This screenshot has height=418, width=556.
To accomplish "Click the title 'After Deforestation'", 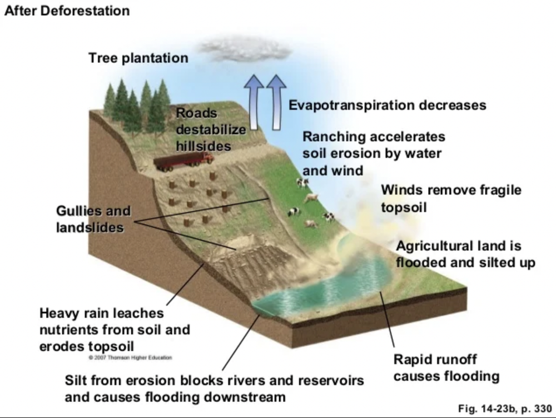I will pyautogui.click(x=67, y=11).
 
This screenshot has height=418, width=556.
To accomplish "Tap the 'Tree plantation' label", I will pyautogui.click(x=138, y=58).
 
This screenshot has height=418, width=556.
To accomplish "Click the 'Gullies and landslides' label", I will pyautogui.click(x=93, y=220).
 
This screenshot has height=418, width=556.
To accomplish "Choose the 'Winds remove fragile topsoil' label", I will pyautogui.click(x=451, y=198).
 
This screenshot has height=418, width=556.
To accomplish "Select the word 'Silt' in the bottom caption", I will pyautogui.click(x=76, y=381).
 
